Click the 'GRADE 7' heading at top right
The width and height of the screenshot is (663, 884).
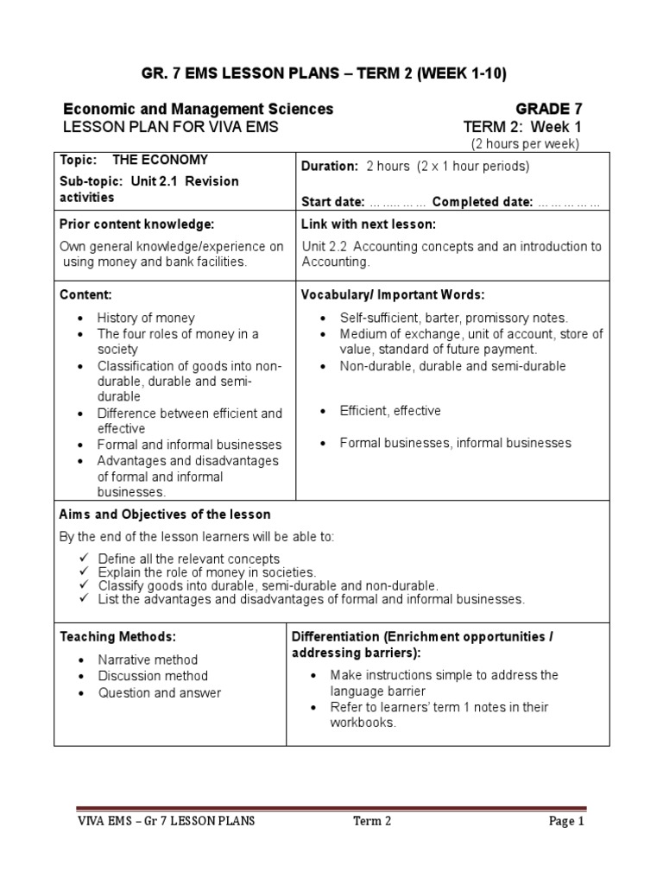(548, 109)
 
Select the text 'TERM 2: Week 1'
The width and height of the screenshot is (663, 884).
(522, 127)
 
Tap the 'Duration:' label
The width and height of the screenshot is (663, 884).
(329, 166)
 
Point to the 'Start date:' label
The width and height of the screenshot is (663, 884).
(332, 202)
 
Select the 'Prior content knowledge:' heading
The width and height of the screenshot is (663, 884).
(136, 224)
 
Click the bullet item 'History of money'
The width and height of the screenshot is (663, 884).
(146, 318)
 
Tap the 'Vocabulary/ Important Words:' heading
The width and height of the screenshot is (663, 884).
(392, 294)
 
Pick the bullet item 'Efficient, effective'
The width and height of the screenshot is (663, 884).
(390, 411)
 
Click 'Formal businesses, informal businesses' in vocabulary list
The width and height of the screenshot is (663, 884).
(455, 443)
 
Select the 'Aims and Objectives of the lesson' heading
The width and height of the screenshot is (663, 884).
(165, 515)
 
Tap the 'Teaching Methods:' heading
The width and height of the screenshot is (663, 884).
(117, 636)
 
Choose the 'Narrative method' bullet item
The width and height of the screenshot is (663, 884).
(148, 660)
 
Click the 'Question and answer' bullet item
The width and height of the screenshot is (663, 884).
(159, 692)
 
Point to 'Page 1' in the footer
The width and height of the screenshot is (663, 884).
(566, 822)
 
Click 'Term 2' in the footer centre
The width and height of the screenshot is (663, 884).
(372, 822)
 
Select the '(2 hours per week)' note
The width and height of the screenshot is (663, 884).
(524, 143)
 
